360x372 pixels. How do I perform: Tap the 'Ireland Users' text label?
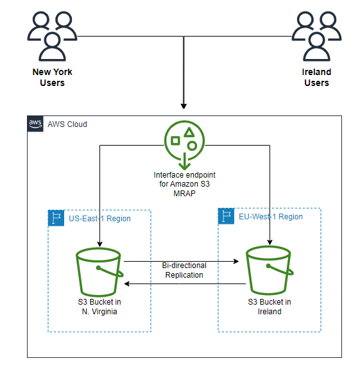click(316, 77)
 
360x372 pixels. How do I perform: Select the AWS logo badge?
click(35, 124)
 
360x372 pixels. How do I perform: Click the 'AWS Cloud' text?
click(67, 124)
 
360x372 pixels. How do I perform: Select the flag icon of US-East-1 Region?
click(56, 218)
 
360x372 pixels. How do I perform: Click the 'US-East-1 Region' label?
click(99, 219)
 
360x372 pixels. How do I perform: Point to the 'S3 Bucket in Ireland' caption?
click(270, 306)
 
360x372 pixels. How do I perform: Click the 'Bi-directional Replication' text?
click(184, 269)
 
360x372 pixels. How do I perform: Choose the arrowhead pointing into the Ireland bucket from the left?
click(243, 262)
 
